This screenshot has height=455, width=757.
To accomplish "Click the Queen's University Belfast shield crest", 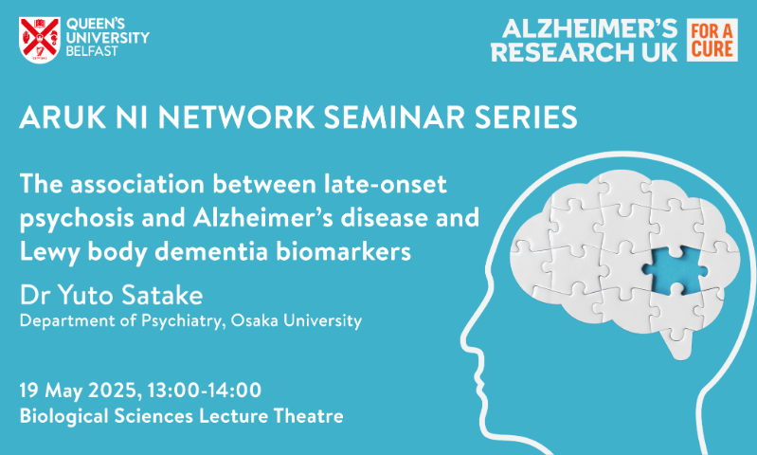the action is click(40, 40).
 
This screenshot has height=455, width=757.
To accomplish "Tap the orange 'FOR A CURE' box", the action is click(712, 40).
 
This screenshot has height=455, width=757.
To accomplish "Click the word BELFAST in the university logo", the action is click(92, 51).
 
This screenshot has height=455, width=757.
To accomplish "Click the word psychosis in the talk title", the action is click(77, 219).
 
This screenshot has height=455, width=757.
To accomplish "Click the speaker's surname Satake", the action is click(162, 295).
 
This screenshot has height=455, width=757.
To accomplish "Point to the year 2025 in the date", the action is click(115, 391).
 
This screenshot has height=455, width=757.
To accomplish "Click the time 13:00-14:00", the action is click(205, 390).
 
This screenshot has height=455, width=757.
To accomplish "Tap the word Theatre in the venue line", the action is click(308, 416).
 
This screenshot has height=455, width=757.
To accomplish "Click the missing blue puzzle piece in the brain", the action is click(675, 269).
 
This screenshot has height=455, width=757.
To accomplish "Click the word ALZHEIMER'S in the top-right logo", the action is click(589, 30).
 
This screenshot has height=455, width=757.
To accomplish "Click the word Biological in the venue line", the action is click(63, 417).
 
